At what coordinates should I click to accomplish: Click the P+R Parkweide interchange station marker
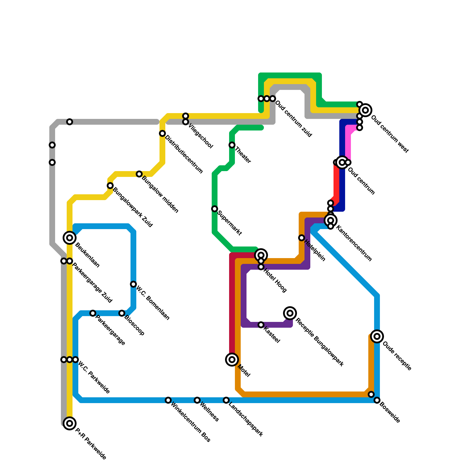[x=70, y=423]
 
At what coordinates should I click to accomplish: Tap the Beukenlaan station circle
[x=70, y=238]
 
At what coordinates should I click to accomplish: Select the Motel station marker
[x=232, y=360]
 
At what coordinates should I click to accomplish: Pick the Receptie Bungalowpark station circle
[x=290, y=313]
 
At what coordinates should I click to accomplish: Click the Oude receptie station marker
[x=377, y=336]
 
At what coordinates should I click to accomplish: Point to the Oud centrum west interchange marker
[x=365, y=110]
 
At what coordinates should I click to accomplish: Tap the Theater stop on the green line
[x=232, y=145]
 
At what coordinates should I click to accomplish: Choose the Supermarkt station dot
[x=215, y=209]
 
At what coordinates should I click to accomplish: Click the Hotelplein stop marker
[x=302, y=238]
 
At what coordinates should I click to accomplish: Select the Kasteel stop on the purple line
[x=261, y=325]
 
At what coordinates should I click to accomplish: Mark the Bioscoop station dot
[x=122, y=313]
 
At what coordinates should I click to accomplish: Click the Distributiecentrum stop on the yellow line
[x=162, y=133]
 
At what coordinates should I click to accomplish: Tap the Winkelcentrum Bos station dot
[x=168, y=400]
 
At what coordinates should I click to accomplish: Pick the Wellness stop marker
[x=197, y=400]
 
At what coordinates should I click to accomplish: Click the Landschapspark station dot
[x=226, y=400]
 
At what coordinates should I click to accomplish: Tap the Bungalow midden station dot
[x=139, y=174]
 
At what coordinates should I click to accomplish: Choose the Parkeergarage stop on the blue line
[x=93, y=313]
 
